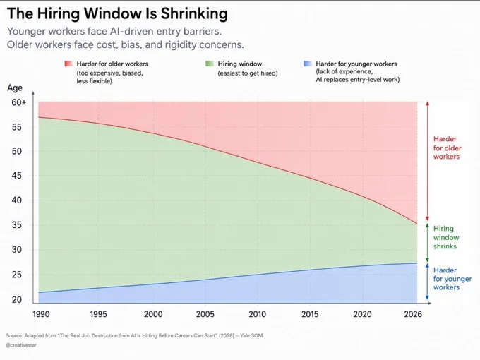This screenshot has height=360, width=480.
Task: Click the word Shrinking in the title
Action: (194, 14)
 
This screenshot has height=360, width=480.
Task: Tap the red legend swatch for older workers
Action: (68, 64)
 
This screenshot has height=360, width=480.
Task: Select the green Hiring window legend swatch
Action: (210, 64)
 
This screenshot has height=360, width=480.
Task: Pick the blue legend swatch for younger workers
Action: (308, 64)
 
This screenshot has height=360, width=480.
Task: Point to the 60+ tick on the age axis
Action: (19, 102)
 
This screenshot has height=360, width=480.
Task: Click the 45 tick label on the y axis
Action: (16, 176)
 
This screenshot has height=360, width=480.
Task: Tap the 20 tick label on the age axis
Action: (17, 299)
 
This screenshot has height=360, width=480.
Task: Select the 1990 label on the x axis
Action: (41, 314)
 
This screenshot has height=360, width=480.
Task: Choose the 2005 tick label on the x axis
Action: (205, 314)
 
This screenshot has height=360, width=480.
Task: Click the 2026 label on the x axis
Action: (413, 314)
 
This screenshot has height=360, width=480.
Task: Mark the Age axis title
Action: (15, 88)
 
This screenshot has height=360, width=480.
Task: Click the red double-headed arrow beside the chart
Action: (427, 161)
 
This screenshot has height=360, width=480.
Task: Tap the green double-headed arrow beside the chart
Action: (427, 243)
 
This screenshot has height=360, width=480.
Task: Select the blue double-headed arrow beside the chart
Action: (427, 282)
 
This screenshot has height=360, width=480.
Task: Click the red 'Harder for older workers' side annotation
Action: (448, 148)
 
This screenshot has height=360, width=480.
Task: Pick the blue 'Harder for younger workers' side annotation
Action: (452, 279)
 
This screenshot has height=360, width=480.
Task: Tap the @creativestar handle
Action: (21, 345)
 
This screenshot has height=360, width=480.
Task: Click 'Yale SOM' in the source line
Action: (251, 335)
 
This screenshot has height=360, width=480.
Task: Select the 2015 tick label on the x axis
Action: (310, 314)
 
